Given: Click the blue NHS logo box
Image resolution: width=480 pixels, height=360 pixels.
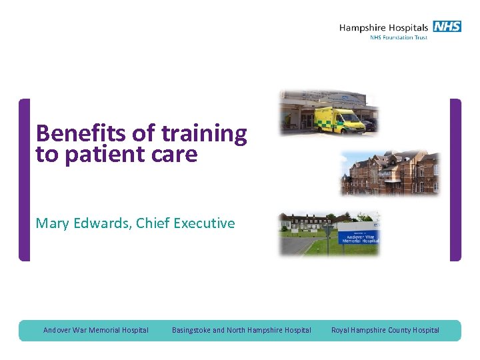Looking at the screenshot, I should coord(447,27).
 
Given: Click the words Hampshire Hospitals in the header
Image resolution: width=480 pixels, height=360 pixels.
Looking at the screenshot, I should coord(383,27).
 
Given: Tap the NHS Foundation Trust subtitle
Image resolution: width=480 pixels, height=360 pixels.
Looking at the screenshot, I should coord(398,38).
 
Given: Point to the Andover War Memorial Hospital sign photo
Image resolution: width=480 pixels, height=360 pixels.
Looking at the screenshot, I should coord(329,233).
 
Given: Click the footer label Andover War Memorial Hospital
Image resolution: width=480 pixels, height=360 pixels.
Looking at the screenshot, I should coord(96,330).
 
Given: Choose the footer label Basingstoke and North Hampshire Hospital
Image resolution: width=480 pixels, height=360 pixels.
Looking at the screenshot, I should coord(241,330).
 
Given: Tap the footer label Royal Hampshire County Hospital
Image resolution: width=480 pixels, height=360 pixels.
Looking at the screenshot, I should coord(385,330).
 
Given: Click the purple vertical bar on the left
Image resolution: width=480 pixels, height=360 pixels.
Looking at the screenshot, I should coord(25,180).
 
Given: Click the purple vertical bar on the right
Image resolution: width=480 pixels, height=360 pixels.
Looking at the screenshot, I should coord(455,180).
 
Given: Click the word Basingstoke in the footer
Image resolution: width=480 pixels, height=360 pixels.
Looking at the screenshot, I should coord(191,330).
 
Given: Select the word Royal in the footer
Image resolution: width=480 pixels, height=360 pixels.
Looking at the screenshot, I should coord(341,330).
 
